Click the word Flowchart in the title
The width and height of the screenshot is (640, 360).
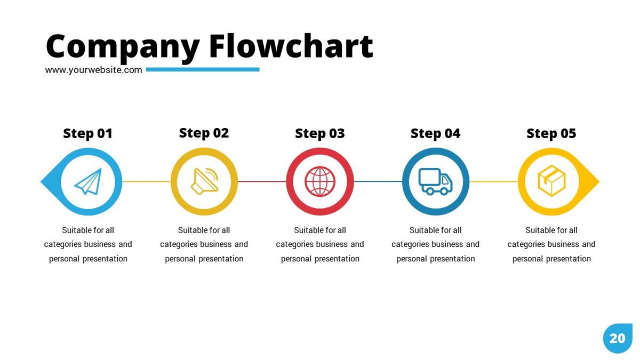[291, 46]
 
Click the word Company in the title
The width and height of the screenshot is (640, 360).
[123, 48]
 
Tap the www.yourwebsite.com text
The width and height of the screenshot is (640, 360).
[93, 70]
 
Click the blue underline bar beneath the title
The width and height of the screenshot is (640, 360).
[203, 69]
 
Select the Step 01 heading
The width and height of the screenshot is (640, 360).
[87, 133]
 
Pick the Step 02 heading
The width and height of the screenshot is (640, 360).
[204, 133]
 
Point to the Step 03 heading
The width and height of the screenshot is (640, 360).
[319, 133]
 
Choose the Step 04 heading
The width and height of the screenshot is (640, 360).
[435, 133]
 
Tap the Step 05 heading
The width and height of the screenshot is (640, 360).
[551, 133]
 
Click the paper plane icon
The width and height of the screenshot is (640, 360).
[89, 182]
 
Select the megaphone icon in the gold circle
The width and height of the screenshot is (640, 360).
[205, 181]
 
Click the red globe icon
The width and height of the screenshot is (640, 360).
[319, 181]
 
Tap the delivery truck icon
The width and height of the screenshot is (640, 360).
[435, 181]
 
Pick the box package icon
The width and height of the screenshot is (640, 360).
[551, 181]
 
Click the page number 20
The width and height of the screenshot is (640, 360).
[618, 339]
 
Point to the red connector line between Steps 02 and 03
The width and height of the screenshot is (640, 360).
[262, 181]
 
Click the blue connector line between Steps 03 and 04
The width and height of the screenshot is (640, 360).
[378, 181]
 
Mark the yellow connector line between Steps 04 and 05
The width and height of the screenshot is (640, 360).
[494, 181]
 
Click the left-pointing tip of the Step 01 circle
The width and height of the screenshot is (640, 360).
[41, 181]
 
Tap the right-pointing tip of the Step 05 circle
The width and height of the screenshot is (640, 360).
[599, 181]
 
